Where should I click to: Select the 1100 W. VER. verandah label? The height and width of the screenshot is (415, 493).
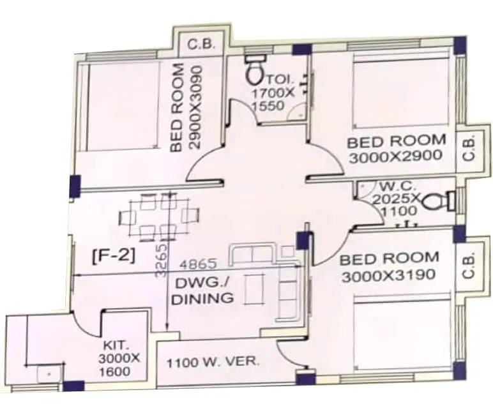click(213, 362)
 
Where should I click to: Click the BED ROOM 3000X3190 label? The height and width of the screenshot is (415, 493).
click(389, 268)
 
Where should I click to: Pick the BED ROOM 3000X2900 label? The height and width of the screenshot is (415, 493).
click(396, 149)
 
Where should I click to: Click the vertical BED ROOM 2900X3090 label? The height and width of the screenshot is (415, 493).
click(186, 107)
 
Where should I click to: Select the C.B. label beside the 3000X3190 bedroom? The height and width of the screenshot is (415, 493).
click(469, 266)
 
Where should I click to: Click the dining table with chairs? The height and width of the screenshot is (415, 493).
click(160, 216)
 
